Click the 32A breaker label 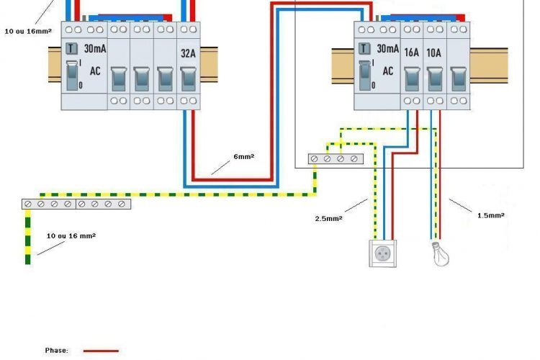pos(187,53)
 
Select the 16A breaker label pos(411,53)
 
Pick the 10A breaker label pos(434,53)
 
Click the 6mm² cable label pos(243,156)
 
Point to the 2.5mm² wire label pos(328,217)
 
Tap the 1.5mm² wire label pos(491,215)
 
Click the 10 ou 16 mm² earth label pos(71,235)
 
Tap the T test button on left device pos(71,49)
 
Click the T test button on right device pos(364,49)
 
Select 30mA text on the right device pos(387,49)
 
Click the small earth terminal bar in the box pos(336,158)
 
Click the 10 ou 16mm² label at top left pos(27,32)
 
